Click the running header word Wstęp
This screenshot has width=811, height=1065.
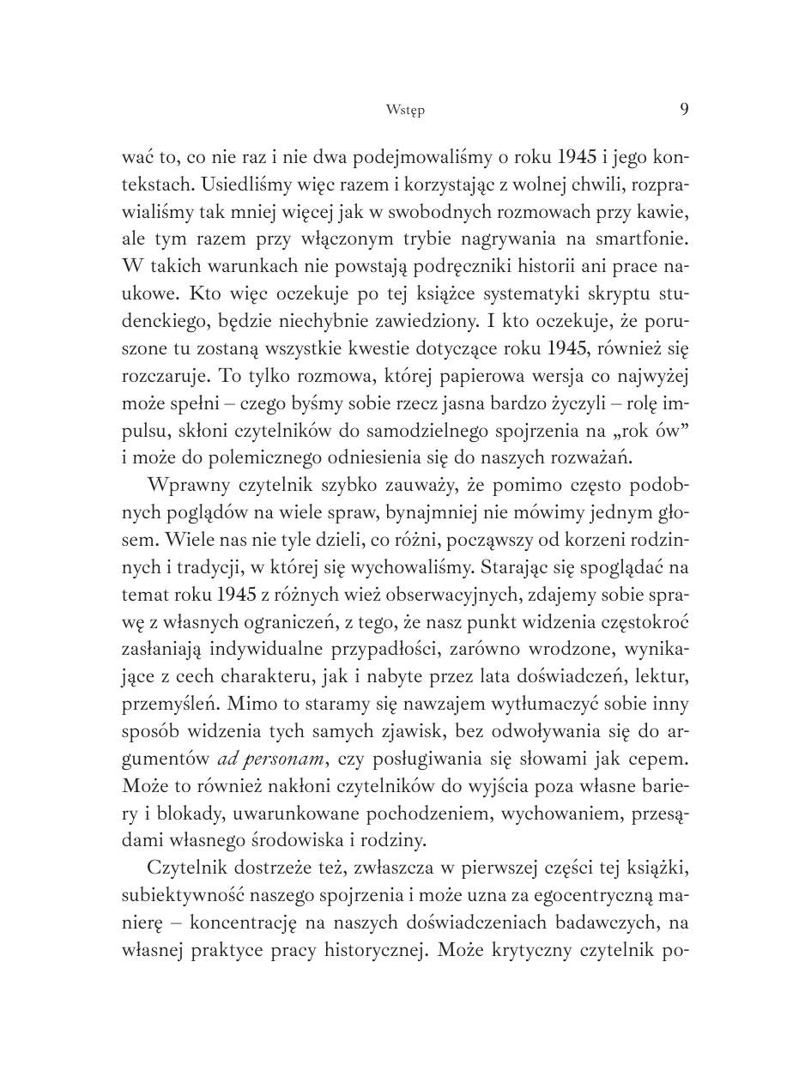[405, 110]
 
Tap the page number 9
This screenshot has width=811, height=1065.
[684, 109]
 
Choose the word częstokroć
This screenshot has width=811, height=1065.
[643, 621]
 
